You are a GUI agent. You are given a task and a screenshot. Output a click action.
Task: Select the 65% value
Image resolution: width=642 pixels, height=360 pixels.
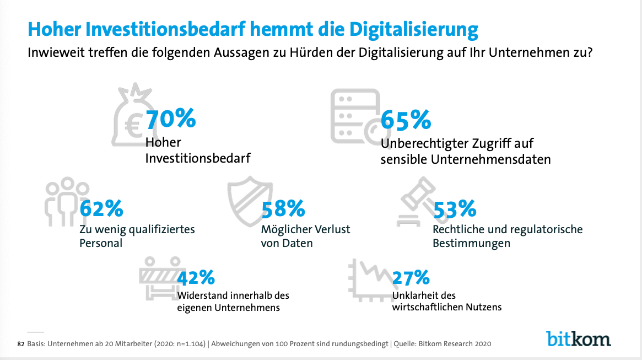406,120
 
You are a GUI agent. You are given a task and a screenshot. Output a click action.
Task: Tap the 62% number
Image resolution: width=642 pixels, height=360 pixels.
101,209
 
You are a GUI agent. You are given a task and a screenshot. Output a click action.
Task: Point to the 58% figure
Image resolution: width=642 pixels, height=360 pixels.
283,209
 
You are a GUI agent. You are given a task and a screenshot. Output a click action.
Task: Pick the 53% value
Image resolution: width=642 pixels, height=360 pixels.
455,209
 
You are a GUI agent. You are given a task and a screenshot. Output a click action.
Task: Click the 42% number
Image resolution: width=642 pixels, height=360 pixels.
196,277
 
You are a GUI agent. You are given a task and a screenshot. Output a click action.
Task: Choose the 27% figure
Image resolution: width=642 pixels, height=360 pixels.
410,277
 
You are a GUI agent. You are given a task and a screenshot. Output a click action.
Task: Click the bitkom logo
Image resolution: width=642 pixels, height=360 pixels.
578,337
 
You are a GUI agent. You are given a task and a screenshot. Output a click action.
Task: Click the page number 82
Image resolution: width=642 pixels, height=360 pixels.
21,344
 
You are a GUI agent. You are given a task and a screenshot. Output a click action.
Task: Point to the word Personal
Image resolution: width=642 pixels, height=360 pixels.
101,243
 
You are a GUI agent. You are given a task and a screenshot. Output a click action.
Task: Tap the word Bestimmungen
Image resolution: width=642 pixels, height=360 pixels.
471,243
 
